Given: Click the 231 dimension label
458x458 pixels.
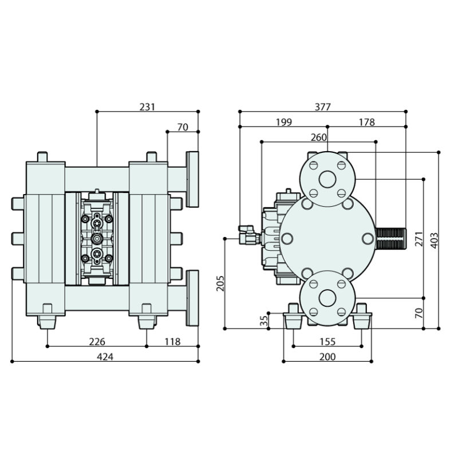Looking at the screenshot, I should click(148, 106).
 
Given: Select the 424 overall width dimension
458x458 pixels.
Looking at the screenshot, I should click(105, 357).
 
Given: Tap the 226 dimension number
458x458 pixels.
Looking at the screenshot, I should click(97, 342).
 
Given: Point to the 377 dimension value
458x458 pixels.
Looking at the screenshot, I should click(323, 106).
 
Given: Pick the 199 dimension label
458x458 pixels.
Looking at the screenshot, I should click(283, 122).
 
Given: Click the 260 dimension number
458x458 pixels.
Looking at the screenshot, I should click(318, 137).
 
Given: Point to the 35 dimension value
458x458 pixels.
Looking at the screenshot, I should click(264, 321).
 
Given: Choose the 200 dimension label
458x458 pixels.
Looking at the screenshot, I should click(327, 357).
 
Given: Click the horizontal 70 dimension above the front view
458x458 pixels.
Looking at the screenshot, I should click(183, 127).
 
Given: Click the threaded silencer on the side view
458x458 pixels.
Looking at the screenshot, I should click(391, 236).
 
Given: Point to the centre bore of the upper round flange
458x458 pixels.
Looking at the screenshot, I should click(327, 179).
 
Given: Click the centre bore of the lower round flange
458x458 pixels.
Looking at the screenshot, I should click(327, 298).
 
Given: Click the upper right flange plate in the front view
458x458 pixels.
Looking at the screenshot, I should click(192, 179).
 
